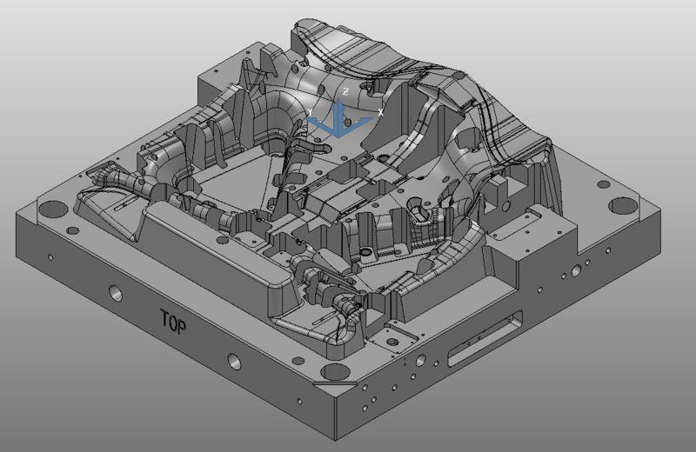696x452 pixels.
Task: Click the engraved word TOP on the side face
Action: [173, 322]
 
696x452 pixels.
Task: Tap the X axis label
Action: [380, 113]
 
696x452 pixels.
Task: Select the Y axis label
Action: [310, 112]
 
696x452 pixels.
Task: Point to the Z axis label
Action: [345, 92]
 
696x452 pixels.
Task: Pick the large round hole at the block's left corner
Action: [52, 209]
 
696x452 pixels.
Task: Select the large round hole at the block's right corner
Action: [622, 206]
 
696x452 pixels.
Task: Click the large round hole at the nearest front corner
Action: [335, 372]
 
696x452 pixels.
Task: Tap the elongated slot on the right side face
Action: [485, 339]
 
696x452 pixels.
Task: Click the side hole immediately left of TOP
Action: [116, 293]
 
